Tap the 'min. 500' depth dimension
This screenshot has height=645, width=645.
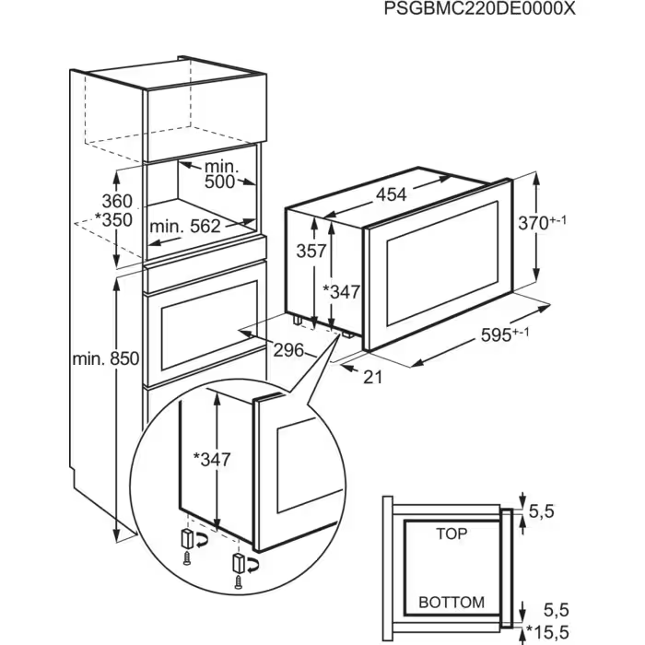(x=219, y=174)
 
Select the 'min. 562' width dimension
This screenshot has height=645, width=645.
(x=185, y=226)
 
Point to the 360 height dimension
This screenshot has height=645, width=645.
(x=117, y=201)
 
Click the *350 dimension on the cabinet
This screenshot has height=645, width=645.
(x=113, y=220)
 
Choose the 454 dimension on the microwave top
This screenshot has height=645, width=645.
(x=390, y=194)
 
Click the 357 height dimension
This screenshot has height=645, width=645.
(x=310, y=250)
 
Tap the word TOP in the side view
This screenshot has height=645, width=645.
(x=451, y=534)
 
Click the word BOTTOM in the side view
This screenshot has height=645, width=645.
(x=451, y=602)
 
